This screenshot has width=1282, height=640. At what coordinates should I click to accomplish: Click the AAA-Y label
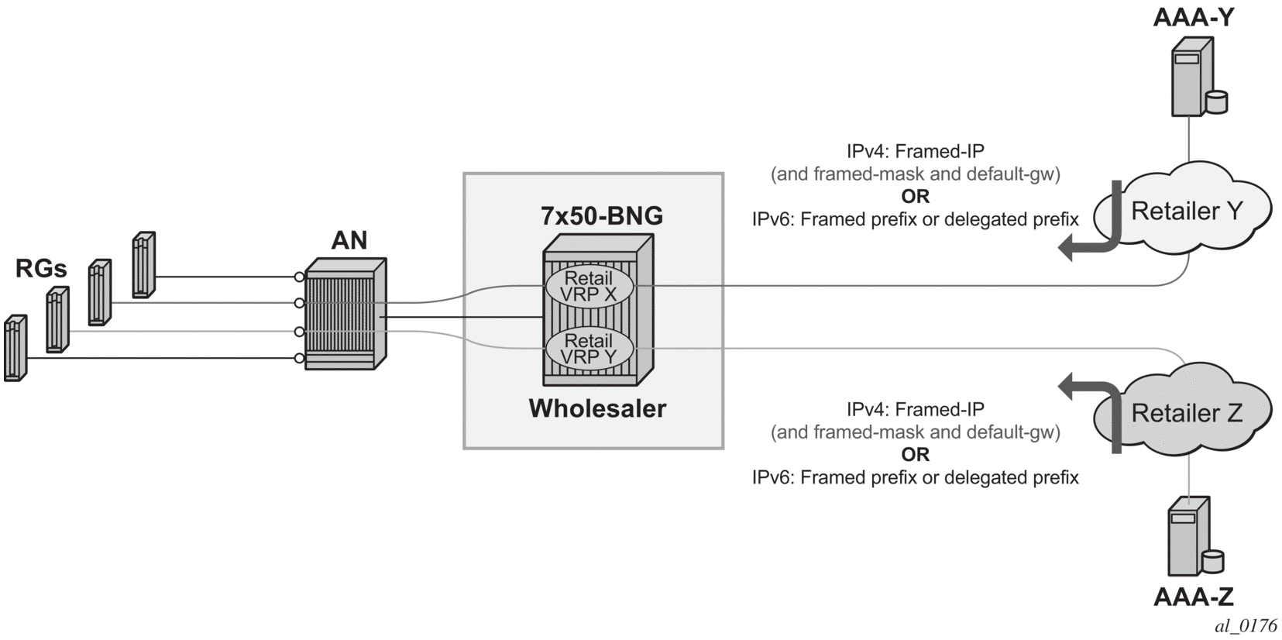click(x=1192, y=16)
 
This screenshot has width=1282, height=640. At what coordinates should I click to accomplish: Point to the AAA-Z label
click(x=1193, y=597)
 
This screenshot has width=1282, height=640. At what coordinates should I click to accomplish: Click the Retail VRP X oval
click(x=589, y=286)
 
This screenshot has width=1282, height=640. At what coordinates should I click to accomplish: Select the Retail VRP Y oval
click(x=589, y=349)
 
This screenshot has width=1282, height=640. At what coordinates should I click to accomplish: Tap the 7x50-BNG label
click(x=601, y=215)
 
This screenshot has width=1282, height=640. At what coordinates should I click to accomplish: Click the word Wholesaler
click(x=597, y=408)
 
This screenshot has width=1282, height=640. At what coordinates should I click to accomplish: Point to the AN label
click(x=349, y=240)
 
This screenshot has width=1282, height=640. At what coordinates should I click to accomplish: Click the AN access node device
click(x=345, y=314)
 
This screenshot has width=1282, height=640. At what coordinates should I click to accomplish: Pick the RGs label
click(x=41, y=269)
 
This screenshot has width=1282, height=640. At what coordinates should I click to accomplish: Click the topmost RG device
click(x=143, y=264)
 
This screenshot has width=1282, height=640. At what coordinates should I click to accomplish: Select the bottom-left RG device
click(x=15, y=348)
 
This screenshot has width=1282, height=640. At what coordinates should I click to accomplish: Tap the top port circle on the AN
click(x=299, y=277)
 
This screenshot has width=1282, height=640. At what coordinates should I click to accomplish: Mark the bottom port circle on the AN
click(x=299, y=358)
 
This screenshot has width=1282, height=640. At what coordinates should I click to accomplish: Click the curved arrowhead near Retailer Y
click(x=1067, y=248)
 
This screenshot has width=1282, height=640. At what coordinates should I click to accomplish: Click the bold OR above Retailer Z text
click(x=915, y=454)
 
